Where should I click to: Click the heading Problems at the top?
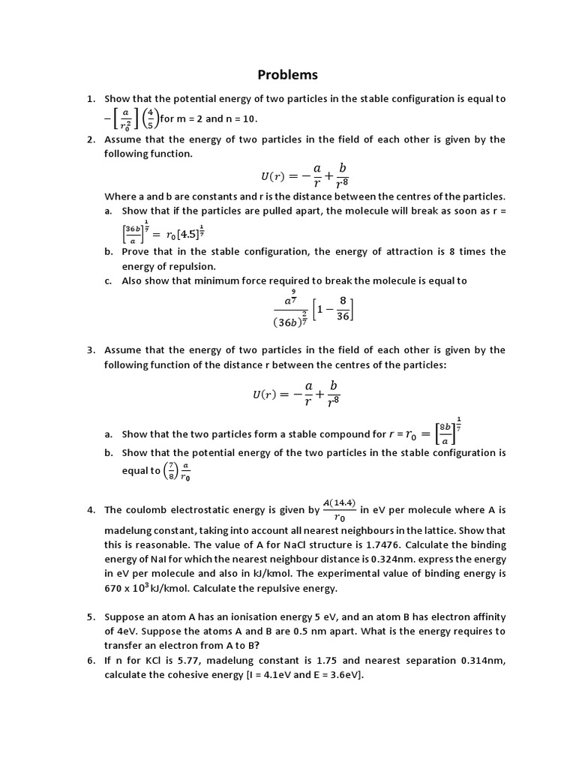[288, 74]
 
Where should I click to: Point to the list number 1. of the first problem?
[91, 98]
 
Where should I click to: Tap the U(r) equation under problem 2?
[304, 175]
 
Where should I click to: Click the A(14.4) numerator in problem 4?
[340, 502]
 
